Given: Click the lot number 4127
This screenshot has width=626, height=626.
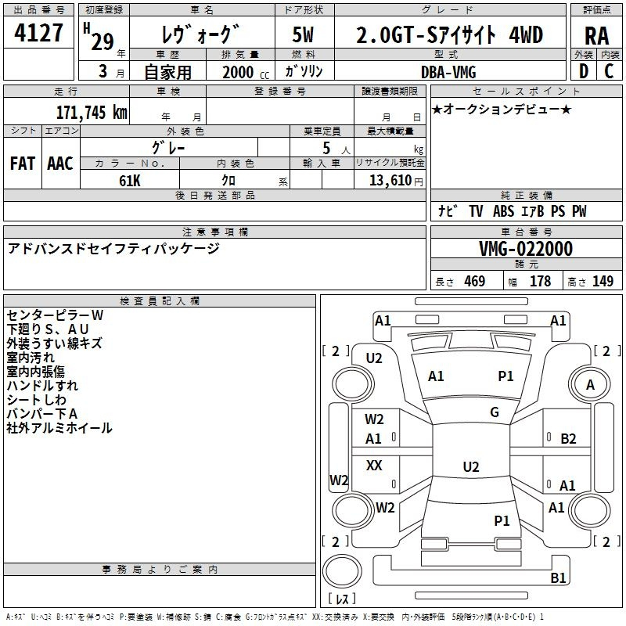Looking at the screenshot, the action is point(38,33).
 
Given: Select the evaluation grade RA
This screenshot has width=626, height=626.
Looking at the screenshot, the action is point(596,36).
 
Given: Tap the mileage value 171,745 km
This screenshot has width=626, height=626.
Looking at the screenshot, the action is point(92,112).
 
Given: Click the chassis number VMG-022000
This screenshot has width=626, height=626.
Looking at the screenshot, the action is point(526,249).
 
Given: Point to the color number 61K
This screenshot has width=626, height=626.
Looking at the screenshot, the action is point(130,181).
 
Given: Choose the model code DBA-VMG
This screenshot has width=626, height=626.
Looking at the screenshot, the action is point(448,72).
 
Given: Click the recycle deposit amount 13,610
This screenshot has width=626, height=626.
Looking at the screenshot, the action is point(390,181).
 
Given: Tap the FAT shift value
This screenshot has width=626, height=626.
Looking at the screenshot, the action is point(23,164).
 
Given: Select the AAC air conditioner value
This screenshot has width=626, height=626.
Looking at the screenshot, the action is point(60,164).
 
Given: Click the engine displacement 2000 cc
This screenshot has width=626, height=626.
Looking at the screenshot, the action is point(246,72).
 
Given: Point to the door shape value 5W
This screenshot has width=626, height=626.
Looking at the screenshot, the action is point(303,34).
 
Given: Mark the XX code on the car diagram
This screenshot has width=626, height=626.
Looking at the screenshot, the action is point(374,465).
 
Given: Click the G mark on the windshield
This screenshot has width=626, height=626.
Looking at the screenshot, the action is point(495,412).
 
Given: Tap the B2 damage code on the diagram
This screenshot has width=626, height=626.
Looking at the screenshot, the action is point(568,439).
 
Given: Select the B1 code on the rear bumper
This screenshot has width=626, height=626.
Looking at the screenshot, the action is point(558,577).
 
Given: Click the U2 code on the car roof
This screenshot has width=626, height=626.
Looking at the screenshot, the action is point(471,466).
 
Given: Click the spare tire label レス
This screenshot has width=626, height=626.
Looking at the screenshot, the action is point(342,599).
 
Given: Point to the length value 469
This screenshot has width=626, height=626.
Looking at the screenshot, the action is point(475,281).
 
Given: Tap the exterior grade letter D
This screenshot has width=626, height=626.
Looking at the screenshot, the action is point(583,71).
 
